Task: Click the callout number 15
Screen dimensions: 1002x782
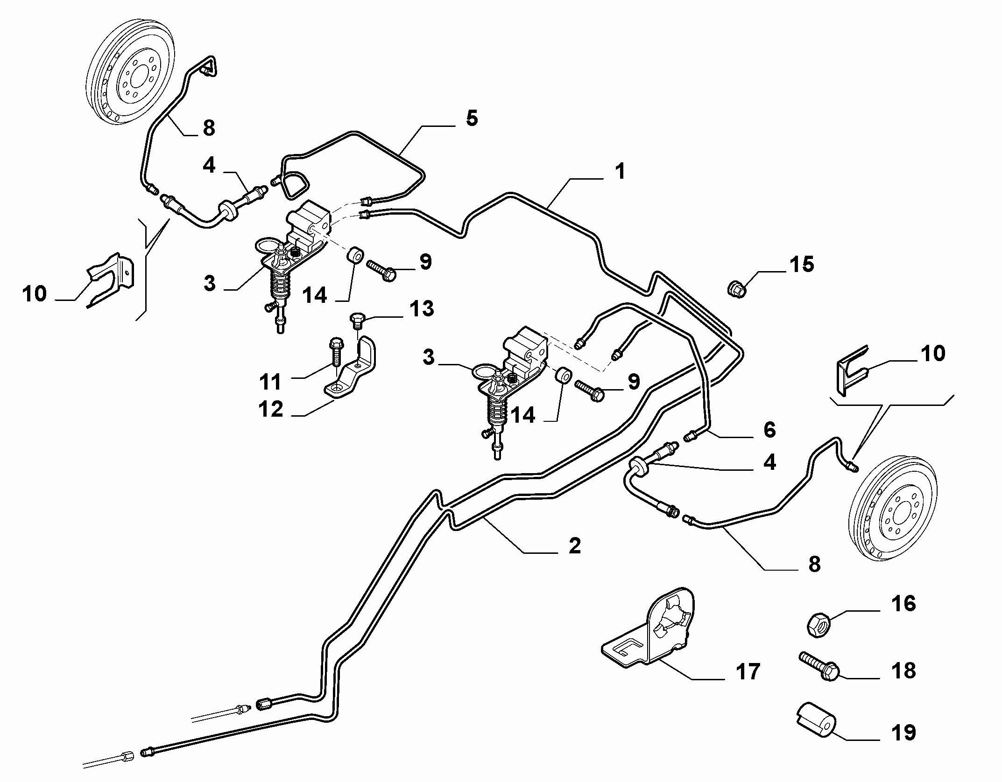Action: [802, 264]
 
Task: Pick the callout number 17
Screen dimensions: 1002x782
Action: [748, 672]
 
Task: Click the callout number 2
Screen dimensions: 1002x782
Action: [574, 545]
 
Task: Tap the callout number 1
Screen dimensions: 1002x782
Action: [620, 172]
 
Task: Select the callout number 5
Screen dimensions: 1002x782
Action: [472, 118]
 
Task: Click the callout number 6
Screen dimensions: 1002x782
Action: [769, 430]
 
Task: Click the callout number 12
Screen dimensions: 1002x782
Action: [271, 409]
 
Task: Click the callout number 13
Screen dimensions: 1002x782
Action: [421, 309]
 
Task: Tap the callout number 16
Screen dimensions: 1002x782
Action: [903, 604]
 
